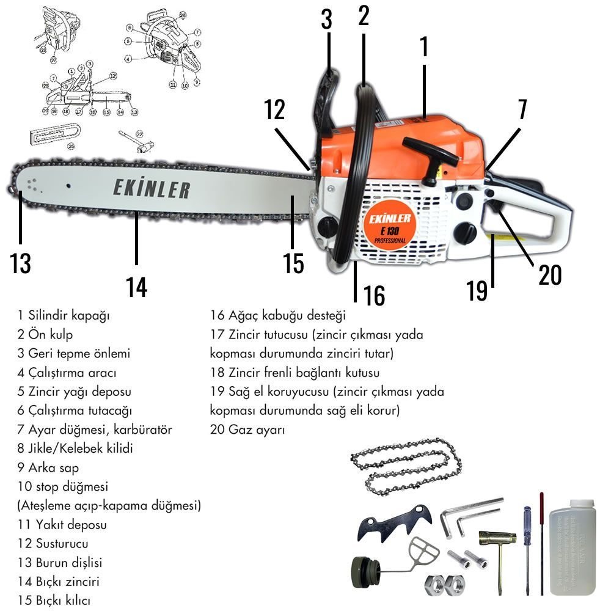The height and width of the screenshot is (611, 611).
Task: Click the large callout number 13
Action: pos(20,263)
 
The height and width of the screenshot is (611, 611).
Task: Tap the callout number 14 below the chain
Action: pos(137,286)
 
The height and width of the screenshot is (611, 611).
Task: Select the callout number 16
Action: pos(374,295)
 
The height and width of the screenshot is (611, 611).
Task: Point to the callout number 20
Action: pos(549,275)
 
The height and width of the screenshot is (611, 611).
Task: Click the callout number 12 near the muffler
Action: pos(275,110)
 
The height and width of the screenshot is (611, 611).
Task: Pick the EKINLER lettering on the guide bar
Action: pos(151,189)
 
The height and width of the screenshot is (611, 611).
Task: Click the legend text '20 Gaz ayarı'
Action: pos(247,430)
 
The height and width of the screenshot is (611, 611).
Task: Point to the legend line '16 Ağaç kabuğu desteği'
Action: pos(278,316)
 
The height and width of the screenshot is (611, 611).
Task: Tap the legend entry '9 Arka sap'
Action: pos(48,467)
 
